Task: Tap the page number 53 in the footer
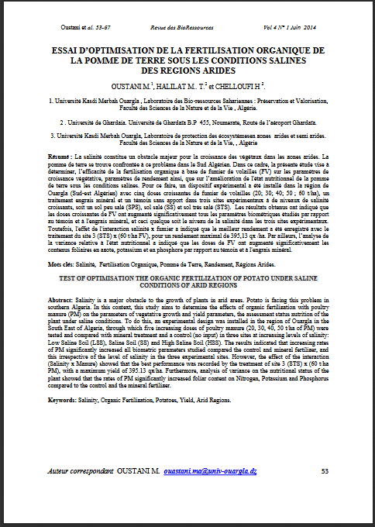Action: tap(325, 471)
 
